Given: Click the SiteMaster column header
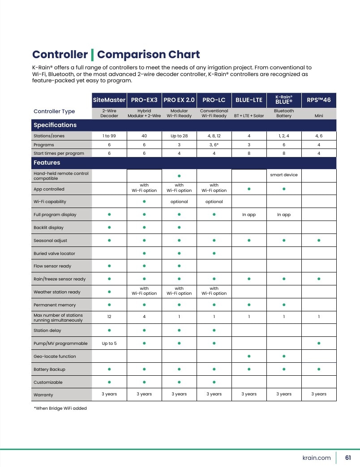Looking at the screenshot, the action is (109, 100).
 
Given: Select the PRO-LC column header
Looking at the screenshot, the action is (214, 100).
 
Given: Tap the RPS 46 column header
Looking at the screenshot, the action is (318, 100).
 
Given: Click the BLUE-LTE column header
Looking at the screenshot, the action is (249, 100).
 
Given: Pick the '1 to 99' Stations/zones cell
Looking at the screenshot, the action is (109, 136).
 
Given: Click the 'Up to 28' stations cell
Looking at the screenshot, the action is (179, 136).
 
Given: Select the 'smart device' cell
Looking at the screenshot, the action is (284, 175).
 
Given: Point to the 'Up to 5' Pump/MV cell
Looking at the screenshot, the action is (109, 344).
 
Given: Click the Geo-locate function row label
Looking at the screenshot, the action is (55, 356).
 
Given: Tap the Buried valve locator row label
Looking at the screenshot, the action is (54, 254).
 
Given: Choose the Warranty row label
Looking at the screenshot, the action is (43, 395).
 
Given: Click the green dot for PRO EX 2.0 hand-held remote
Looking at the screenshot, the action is (179, 176).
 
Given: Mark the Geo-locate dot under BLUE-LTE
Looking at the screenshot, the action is (249, 356).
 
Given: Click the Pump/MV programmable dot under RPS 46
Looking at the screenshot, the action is (319, 343).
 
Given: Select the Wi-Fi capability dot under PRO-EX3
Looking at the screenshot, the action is (144, 201).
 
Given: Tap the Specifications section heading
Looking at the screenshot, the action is (55, 125).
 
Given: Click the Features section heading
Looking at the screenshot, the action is (47, 163).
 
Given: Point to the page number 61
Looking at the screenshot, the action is (348, 458).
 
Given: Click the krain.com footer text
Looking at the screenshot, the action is (317, 458).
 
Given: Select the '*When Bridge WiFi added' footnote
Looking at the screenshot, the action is (60, 408).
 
